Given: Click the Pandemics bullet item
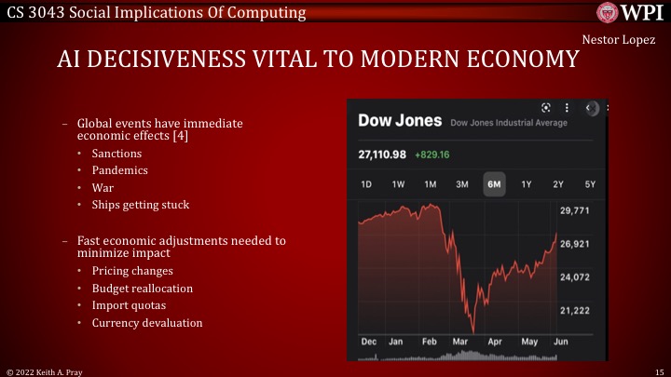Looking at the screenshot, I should (119, 170).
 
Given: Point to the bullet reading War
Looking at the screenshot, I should (103, 187).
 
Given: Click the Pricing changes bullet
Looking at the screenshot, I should (132, 271).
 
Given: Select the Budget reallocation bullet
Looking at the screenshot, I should (142, 288).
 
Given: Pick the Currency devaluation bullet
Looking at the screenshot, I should (146, 322).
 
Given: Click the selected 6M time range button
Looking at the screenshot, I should (493, 184).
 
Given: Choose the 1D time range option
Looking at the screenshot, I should (366, 184).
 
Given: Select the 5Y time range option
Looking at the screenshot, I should (589, 184).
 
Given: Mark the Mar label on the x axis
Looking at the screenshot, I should (459, 342).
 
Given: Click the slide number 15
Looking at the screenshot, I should (658, 370).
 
